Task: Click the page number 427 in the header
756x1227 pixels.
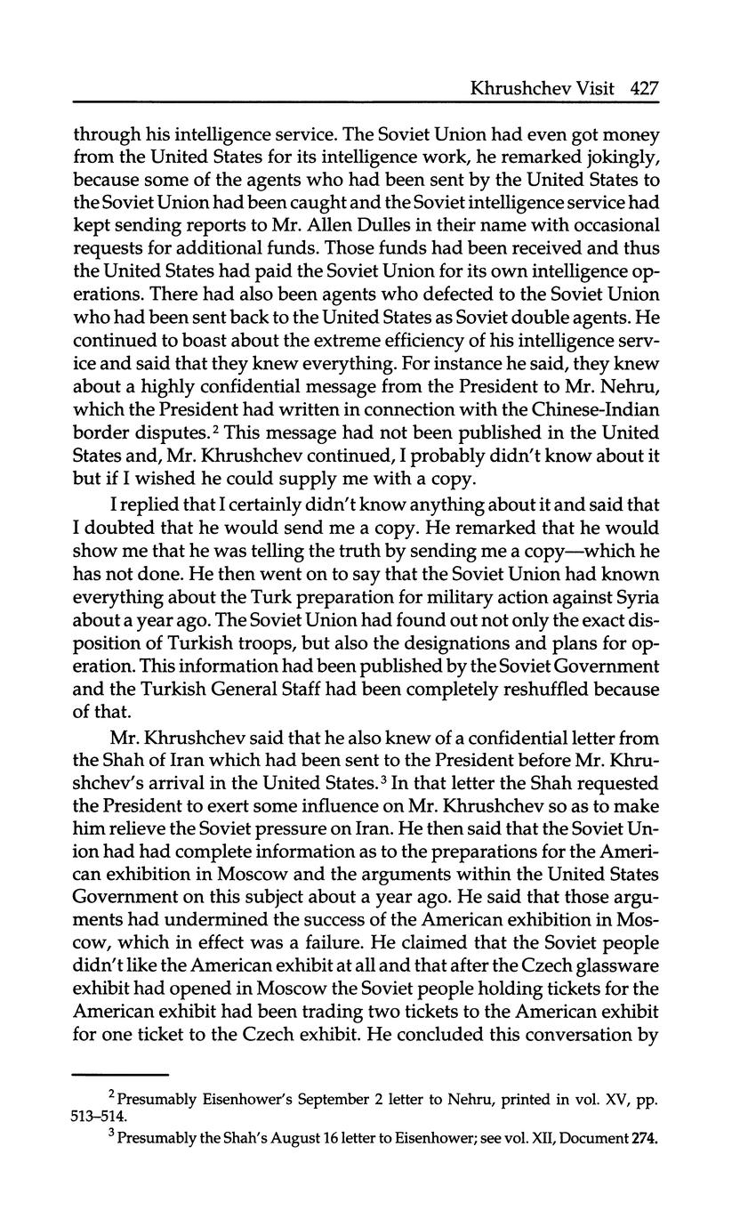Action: [x=643, y=88]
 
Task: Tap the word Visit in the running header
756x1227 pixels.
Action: [x=598, y=88]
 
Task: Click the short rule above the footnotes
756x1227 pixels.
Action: [x=120, y=1074]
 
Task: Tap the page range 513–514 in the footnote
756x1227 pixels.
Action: [x=101, y=1115]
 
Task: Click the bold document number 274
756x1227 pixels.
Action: [x=642, y=1137]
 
